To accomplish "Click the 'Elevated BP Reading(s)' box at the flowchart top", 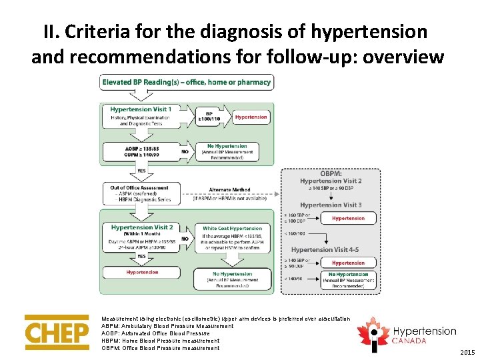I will pyautogui.click(x=186, y=83).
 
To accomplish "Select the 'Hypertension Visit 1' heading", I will pyautogui.click(x=140, y=109).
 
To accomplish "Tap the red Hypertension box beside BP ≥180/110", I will pyautogui.click(x=251, y=117).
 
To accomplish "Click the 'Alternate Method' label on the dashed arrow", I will pyautogui.click(x=229, y=189).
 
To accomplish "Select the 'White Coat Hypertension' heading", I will pyautogui.click(x=232, y=228).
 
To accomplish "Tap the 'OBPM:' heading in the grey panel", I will pyautogui.click(x=331, y=173).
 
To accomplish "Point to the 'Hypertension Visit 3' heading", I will pyautogui.click(x=331, y=205).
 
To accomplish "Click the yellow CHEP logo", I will pyautogui.click(x=57, y=331).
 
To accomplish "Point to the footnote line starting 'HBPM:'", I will pyautogui.click(x=160, y=341).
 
